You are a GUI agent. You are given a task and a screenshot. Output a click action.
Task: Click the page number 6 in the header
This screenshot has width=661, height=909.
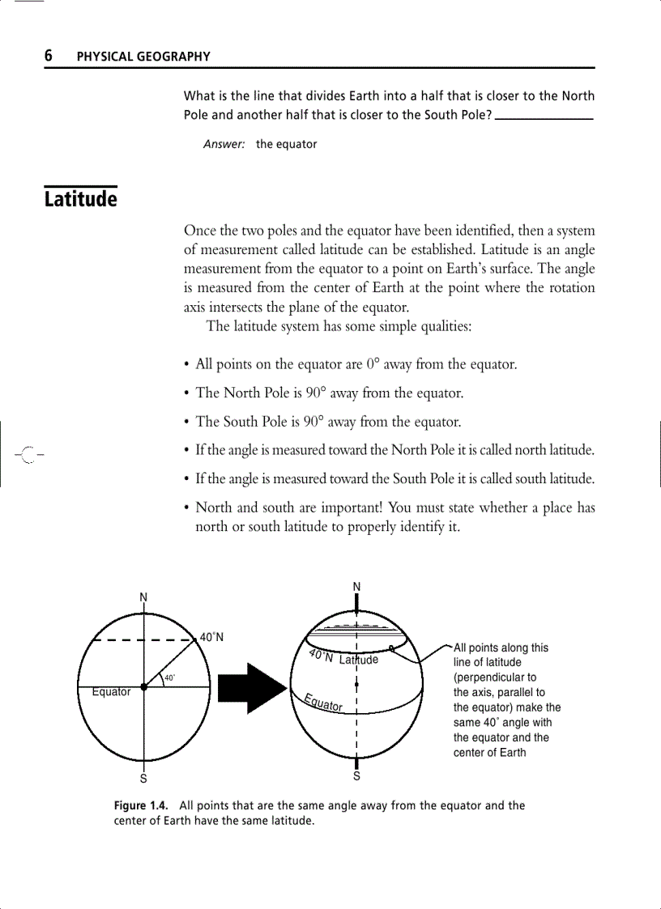pos(49,55)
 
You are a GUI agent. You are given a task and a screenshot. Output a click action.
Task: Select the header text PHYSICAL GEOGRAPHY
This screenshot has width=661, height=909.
pos(143,57)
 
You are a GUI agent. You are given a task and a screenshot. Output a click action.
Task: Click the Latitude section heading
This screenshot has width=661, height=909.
pos(80,199)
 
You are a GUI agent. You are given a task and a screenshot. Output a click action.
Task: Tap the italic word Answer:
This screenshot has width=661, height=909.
pos(224,144)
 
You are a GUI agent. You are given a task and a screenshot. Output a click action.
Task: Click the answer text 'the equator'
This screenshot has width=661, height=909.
pos(286,144)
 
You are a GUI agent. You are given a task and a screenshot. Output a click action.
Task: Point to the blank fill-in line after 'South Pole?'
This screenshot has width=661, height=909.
pos(544,117)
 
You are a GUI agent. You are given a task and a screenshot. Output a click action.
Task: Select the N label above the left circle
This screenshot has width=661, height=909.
pos(143,597)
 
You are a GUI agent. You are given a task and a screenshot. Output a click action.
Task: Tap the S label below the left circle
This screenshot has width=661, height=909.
pos(143,779)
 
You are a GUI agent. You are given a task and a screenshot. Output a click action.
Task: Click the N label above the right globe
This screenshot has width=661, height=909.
pos(356,586)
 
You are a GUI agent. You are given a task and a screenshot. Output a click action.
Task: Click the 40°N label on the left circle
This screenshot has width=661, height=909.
pos(211,637)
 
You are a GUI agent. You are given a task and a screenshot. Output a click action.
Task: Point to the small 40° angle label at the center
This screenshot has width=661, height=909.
pos(169,677)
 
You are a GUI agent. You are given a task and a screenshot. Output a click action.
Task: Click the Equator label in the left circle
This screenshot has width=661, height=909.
pos(111,692)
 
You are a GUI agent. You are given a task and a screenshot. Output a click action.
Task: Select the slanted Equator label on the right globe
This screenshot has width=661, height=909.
pos(322,703)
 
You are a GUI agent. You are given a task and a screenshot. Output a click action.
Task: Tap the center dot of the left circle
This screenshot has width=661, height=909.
pos(143,686)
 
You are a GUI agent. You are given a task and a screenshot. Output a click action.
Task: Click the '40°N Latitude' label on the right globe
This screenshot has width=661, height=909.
pos(343,658)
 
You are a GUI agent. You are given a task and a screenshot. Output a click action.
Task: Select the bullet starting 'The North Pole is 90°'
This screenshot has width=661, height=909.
pos(329,393)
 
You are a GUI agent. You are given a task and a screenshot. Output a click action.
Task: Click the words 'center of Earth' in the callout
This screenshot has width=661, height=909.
pos(489,752)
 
